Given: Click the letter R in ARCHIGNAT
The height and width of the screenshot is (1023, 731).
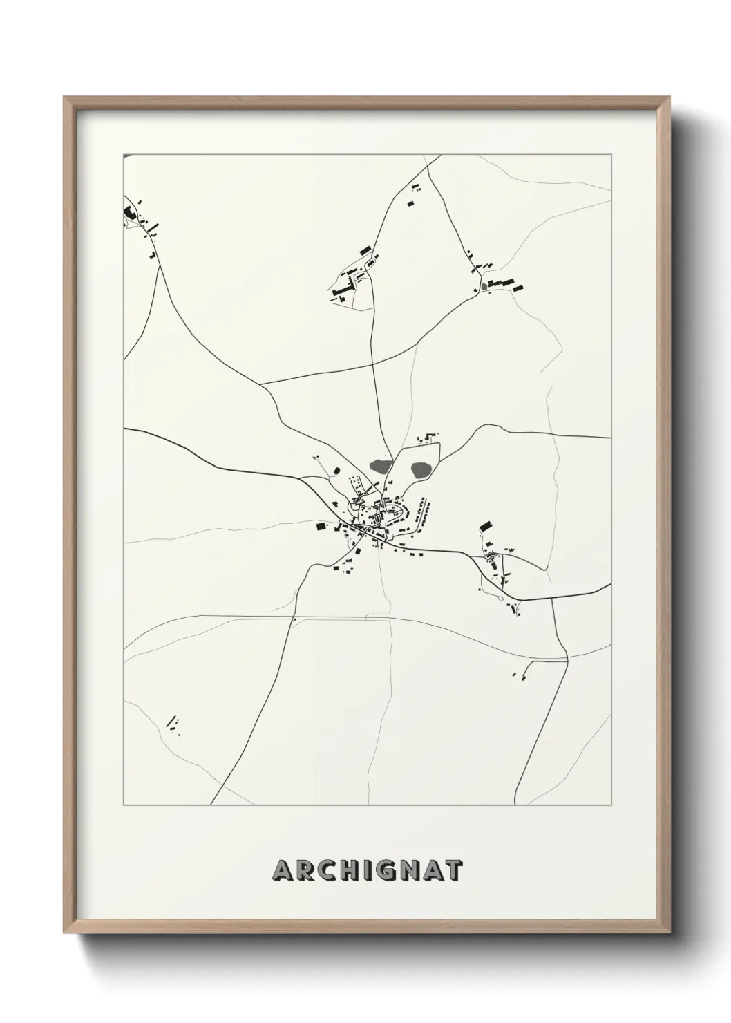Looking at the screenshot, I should pyautogui.click(x=307, y=870).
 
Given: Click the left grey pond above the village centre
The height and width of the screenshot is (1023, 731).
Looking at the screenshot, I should pyautogui.click(x=380, y=467).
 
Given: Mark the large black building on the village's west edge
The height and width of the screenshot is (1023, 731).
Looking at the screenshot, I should pyautogui.click(x=321, y=527).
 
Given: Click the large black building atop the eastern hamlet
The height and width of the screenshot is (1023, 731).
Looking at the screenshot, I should pyautogui.click(x=485, y=525).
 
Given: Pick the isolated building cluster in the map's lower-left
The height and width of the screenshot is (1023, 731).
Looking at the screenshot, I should pyautogui.click(x=173, y=724).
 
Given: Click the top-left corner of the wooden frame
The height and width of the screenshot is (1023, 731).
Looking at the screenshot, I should pyautogui.click(x=65, y=97).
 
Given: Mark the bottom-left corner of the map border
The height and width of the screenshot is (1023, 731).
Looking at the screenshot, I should pyautogui.click(x=124, y=805).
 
